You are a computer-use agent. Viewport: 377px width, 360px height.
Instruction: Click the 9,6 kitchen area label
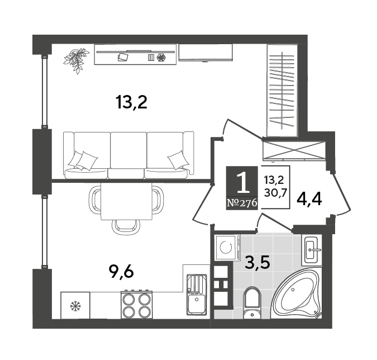121,272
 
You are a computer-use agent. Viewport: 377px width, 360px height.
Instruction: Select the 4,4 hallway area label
309,200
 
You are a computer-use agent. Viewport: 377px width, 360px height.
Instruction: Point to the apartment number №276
242,203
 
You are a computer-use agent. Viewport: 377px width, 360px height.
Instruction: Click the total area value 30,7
275,193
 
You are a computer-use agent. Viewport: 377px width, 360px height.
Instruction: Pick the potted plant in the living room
76,60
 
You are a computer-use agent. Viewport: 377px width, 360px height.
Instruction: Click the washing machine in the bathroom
228,248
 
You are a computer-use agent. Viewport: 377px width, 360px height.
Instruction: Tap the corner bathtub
298,294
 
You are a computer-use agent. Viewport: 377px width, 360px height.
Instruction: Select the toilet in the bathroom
252,303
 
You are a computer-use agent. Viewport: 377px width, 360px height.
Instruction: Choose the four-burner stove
137,305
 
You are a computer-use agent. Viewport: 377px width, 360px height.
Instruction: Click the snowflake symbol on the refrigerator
75,306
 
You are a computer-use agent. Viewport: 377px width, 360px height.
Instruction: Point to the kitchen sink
197,295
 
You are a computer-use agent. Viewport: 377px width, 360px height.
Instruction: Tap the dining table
126,201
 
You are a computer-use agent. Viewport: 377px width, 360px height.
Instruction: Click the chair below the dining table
126,226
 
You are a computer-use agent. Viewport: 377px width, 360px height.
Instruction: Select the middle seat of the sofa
127,155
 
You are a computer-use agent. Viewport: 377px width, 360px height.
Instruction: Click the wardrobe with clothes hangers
282,90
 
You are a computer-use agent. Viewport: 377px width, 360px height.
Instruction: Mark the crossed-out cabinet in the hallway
294,150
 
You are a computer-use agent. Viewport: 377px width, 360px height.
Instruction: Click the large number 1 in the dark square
242,183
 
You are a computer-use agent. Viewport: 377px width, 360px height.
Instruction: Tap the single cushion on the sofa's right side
178,160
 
